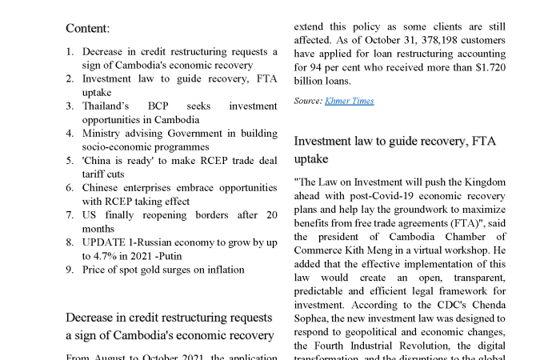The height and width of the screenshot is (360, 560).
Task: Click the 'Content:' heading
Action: point(87,28)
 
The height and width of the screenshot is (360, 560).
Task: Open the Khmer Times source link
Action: point(350,101)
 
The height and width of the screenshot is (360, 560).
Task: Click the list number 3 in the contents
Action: point(70,106)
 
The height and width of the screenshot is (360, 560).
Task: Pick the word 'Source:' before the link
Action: point(308,101)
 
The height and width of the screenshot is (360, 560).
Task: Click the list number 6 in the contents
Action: point(70,187)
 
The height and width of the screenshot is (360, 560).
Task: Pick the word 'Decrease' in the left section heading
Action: point(93,318)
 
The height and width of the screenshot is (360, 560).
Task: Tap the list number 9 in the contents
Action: point(70,269)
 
